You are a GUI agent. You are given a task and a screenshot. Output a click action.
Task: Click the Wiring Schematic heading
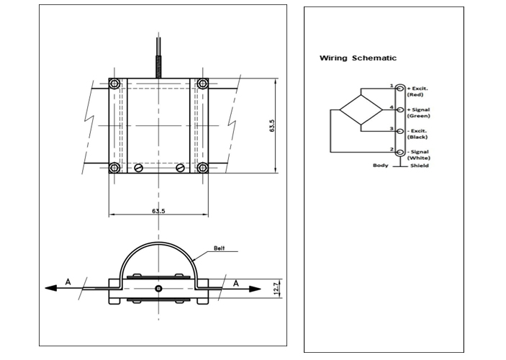tap(358, 58)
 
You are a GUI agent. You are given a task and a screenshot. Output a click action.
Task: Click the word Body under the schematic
tap(380, 166)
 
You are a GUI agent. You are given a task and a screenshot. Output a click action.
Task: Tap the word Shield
tap(419, 166)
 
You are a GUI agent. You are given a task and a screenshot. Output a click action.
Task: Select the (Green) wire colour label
tap(418, 115)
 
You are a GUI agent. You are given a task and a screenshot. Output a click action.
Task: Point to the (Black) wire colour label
tap(417, 137)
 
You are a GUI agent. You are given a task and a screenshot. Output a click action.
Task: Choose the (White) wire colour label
tap(418, 158)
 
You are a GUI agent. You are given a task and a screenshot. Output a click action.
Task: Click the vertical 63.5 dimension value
tap(272, 125)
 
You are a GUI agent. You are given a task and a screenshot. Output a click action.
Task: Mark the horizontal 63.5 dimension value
tap(158, 211)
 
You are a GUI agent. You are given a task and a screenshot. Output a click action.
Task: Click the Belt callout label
tap(220, 248)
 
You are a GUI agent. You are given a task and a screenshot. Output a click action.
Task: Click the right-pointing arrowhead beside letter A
tap(256, 288)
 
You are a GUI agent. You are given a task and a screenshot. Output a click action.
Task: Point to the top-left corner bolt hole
tap(114, 84)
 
